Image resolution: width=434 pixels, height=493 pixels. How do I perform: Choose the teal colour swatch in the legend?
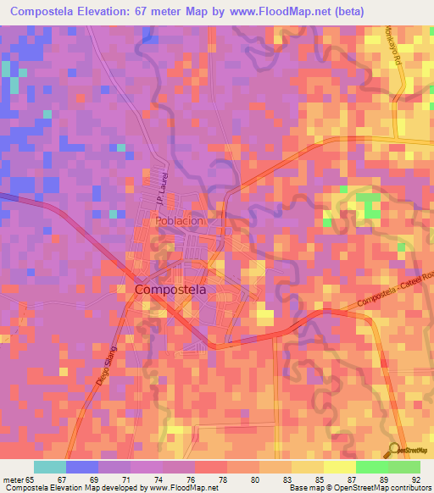[x=50, y=467]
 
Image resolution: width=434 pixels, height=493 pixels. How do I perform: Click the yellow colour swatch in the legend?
[x=339, y=467]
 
